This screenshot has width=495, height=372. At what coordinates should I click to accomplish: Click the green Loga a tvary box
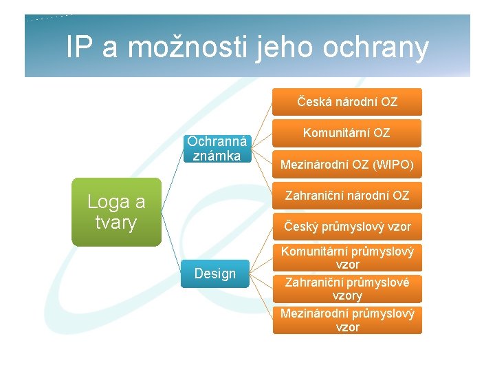tap(115, 212)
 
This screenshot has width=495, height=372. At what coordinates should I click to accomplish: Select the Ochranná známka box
tap(216, 147)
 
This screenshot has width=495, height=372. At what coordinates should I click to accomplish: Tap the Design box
tap(214, 273)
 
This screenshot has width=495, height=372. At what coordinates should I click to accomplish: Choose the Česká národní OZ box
tap(347, 102)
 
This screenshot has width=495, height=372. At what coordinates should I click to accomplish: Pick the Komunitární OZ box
tap(347, 133)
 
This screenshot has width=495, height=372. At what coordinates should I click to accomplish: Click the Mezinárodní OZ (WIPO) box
tap(347, 165)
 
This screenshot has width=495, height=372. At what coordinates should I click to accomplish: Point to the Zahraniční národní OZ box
tap(347, 196)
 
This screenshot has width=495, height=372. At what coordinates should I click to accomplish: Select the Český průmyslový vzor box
tap(347, 227)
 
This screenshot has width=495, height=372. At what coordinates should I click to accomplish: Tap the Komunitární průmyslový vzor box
tap(347, 258)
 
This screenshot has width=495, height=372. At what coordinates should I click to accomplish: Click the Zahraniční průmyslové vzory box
tap(347, 289)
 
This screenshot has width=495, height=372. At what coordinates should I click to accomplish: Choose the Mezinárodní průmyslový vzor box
tap(347, 320)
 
